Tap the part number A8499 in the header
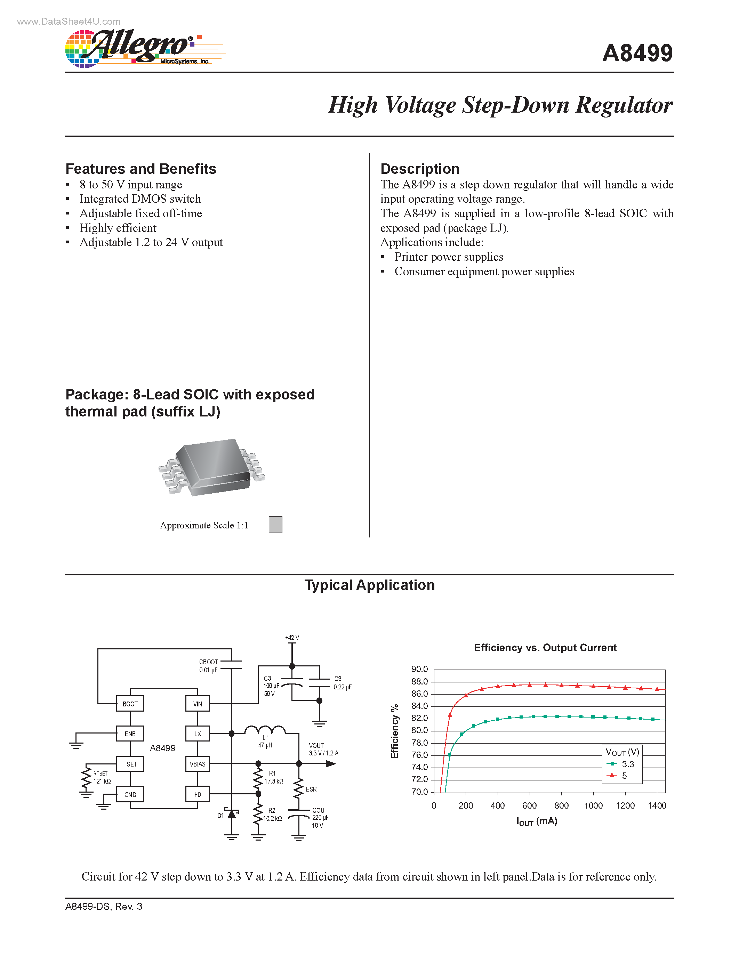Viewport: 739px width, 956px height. click(x=637, y=54)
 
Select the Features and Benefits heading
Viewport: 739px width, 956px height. click(x=140, y=169)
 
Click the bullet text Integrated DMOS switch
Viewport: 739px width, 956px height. click(x=140, y=199)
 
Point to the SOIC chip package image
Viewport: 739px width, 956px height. click(x=212, y=468)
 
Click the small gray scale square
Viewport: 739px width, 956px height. click(x=275, y=524)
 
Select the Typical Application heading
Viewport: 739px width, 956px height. click(x=369, y=585)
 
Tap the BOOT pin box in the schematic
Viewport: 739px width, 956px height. click(x=130, y=704)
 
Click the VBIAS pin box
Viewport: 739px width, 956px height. click(x=198, y=764)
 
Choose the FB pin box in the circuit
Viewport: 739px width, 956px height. click(x=198, y=794)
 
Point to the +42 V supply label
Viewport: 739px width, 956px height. click(x=292, y=638)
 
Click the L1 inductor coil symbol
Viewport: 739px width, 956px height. click(x=265, y=730)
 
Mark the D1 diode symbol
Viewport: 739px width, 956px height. click(x=232, y=814)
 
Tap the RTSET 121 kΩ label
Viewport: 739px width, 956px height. click(x=102, y=777)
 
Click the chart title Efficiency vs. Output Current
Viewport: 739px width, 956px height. click(x=545, y=648)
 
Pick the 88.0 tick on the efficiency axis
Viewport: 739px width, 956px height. click(x=419, y=682)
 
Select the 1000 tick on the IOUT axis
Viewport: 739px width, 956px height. click(x=593, y=805)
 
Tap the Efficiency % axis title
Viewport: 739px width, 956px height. click(x=395, y=731)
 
